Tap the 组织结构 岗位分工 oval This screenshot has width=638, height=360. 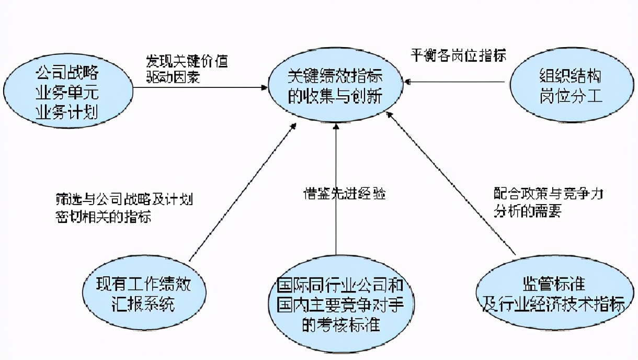[571, 85]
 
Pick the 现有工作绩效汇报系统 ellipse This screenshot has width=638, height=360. [144, 294]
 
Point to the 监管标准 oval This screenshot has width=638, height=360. [554, 294]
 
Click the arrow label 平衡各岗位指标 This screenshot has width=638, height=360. [459, 55]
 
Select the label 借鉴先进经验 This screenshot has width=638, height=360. [344, 193]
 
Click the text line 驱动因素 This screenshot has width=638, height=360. [173, 76]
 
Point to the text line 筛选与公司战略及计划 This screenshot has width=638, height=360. [124, 199]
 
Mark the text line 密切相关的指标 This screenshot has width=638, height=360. [104, 216]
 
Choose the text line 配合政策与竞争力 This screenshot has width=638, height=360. [548, 195]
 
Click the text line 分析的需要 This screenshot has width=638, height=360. [528, 211]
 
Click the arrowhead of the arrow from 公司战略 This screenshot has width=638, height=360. [264, 87]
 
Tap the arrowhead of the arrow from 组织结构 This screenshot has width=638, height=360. [407, 82]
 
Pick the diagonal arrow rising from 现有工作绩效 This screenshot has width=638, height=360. [243, 192]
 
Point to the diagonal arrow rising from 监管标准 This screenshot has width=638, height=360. [451, 183]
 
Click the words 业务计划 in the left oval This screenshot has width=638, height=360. [67, 112]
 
